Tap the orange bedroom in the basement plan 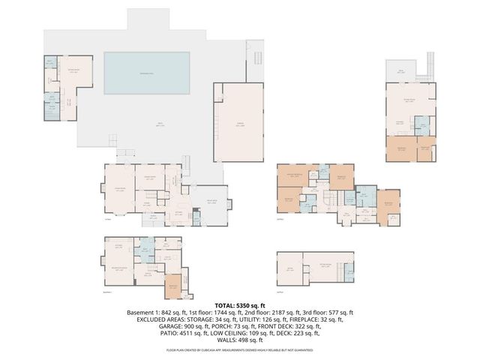point(172,285)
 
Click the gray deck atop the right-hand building point(403,71)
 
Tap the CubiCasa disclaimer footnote point(239,350)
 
